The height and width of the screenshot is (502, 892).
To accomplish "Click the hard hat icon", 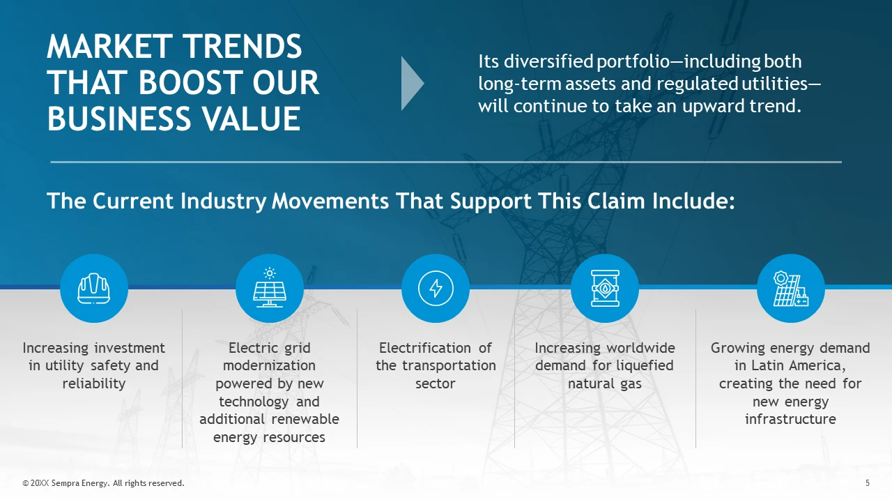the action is [94, 289].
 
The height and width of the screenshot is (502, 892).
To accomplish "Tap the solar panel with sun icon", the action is [270, 287].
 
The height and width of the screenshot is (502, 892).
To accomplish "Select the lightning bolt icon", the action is [436, 288].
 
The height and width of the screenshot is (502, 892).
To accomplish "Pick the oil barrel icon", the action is [605, 288].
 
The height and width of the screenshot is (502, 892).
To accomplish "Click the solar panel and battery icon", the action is [791, 289].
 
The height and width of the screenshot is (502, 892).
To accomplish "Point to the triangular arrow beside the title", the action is [413, 83].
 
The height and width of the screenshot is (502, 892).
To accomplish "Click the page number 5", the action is [868, 483].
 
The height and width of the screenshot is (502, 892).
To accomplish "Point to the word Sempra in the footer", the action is [66, 483].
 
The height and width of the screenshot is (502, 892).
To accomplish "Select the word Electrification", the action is [424, 348].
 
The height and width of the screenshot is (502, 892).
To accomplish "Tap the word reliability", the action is [94, 383].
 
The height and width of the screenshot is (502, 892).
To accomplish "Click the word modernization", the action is [269, 365].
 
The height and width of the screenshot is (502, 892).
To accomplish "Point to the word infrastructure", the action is [790, 419].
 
